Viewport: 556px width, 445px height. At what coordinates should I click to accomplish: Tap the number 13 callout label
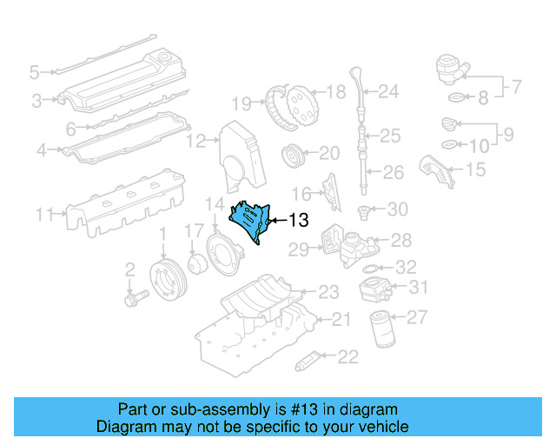(x=298, y=222)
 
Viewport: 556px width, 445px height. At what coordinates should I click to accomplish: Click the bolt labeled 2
(x=136, y=296)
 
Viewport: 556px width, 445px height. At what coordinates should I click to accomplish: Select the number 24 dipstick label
(x=387, y=90)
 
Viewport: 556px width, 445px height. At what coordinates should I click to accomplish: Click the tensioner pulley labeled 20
(x=294, y=157)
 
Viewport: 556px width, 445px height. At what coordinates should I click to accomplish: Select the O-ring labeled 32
(x=369, y=269)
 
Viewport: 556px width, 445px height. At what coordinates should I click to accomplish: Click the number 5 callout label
(x=34, y=71)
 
